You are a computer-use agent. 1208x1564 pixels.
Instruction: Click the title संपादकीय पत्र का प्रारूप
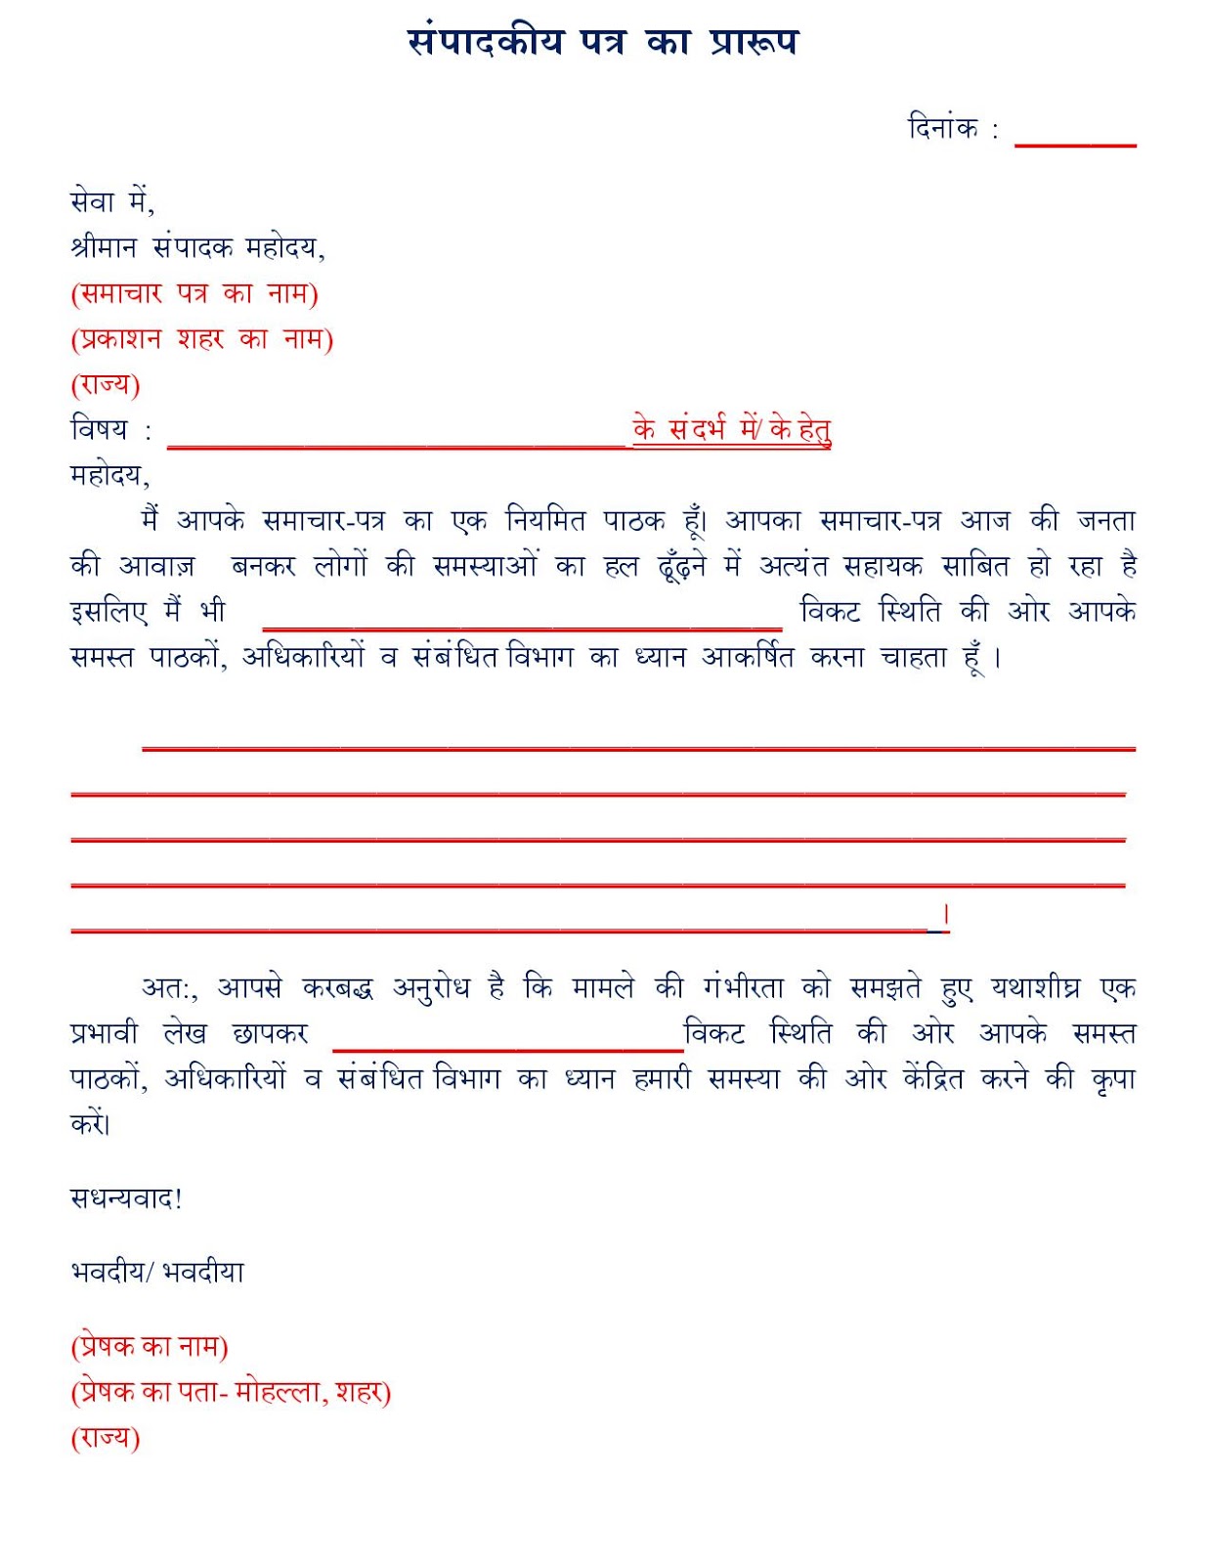602,43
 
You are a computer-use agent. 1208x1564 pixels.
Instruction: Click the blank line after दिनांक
1075,143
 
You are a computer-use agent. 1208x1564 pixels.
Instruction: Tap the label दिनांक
943,129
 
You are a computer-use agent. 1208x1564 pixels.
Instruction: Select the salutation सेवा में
112,202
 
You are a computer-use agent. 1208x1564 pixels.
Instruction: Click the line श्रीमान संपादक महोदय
197,248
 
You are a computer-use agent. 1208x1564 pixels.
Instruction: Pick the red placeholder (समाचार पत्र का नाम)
194,293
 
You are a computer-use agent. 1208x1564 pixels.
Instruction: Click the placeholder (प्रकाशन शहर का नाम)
202,339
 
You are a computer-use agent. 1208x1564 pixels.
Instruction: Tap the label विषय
100,429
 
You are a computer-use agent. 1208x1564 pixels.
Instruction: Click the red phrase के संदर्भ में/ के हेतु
731,429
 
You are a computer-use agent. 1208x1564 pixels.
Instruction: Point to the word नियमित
544,520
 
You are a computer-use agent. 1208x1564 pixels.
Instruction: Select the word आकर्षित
748,657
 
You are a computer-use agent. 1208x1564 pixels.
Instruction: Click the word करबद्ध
338,988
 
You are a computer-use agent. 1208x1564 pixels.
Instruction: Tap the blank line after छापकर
507,1048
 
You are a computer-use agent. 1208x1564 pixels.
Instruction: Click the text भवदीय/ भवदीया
157,1272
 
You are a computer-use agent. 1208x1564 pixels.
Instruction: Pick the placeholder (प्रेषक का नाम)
150,1347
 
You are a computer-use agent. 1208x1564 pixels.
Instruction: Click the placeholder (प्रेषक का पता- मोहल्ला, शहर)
231,1392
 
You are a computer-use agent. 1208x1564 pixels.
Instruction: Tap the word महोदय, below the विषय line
109,475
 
